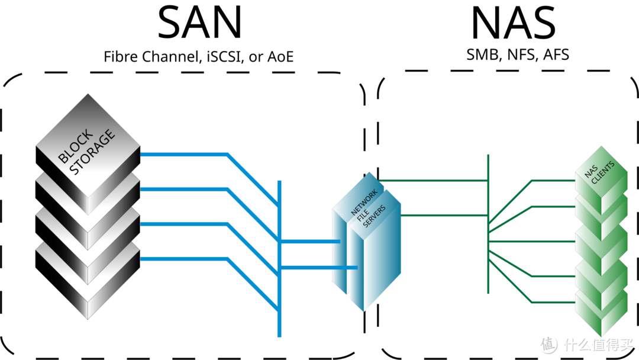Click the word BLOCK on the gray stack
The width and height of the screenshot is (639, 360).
coord(76,146)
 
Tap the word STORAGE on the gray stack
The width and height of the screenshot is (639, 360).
coord(92,153)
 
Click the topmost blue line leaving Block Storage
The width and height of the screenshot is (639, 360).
coord(183,155)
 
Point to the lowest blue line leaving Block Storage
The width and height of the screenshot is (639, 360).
coord(183,259)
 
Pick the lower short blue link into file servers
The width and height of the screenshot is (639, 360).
coord(319,268)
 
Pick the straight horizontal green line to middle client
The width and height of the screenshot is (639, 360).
coord(532,242)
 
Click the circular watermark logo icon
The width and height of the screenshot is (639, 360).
coord(547,343)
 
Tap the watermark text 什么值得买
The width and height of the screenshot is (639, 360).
coord(597,343)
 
